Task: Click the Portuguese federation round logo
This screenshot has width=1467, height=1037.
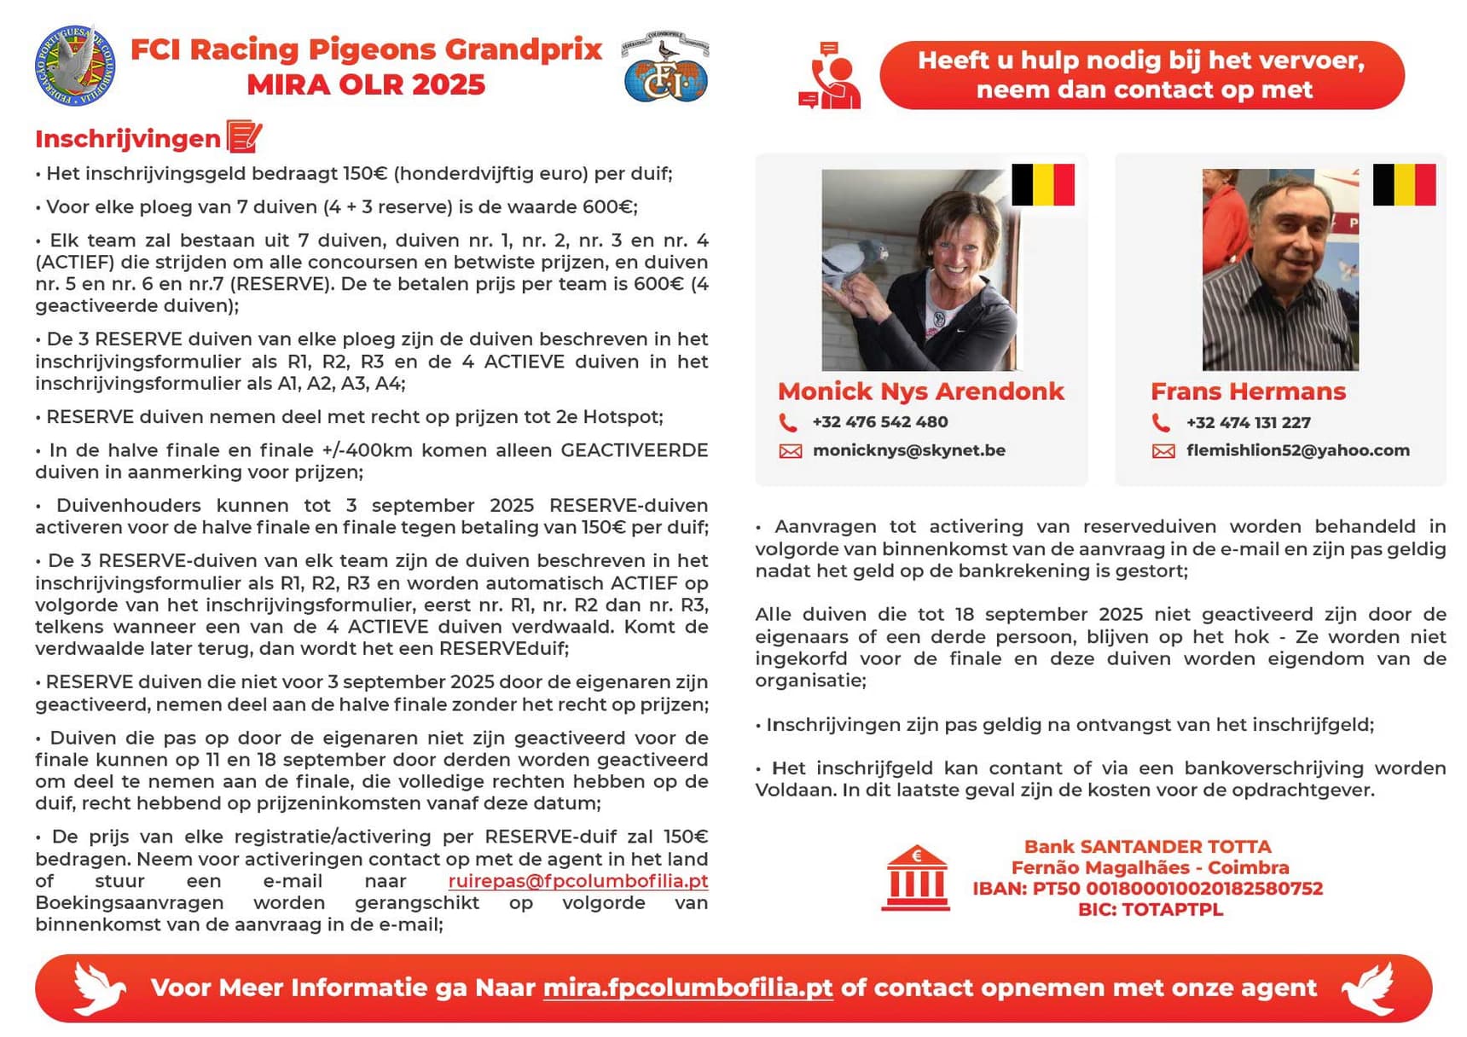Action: [75, 66]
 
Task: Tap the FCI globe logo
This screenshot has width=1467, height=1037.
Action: [665, 68]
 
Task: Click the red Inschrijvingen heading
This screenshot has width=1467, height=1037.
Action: [128, 139]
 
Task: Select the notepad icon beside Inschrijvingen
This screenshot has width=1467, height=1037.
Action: [244, 136]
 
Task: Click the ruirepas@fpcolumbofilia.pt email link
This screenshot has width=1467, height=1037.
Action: [577, 881]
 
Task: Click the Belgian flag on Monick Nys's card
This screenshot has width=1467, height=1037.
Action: [1042, 185]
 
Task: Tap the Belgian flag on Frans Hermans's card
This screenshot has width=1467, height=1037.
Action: [1404, 185]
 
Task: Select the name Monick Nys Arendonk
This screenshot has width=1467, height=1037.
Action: [920, 391]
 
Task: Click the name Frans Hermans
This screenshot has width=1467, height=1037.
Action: [1248, 391]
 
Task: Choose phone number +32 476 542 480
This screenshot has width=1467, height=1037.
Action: [879, 422]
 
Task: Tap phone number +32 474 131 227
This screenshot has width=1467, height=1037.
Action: [1248, 423]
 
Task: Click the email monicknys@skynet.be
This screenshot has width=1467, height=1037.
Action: [908, 450]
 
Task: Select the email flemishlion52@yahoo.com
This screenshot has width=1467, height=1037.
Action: [1297, 450]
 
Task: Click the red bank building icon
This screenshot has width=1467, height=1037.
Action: [916, 878]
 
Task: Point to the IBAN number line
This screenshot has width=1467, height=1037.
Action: [1147, 889]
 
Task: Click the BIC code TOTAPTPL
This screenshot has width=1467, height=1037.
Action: [1150, 910]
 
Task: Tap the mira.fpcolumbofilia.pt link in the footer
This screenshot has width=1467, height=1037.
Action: [687, 988]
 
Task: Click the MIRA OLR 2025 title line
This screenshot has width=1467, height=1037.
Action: [366, 85]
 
